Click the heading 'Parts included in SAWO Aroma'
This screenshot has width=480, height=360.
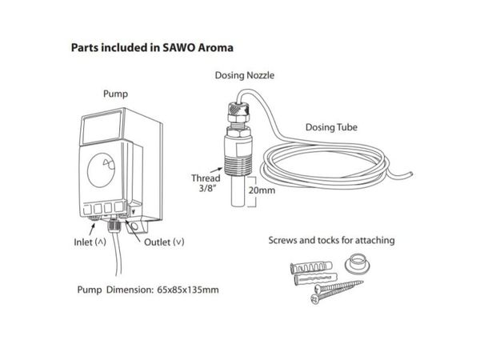tap(152, 48)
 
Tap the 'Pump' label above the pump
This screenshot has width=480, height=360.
tap(115, 94)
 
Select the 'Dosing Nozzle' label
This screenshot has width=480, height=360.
tap(245, 75)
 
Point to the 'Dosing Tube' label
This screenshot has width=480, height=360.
tap(331, 127)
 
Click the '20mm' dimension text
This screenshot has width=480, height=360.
tap(262, 190)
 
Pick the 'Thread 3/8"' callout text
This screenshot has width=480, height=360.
tap(206, 183)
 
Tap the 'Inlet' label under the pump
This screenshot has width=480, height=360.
tap(83, 242)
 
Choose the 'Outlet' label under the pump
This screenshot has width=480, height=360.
tap(157, 242)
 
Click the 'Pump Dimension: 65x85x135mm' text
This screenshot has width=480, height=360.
tap(148, 290)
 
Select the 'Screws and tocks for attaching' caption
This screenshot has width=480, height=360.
tap(331, 240)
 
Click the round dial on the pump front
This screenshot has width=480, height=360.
tap(101, 170)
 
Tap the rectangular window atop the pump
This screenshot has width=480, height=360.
tap(102, 128)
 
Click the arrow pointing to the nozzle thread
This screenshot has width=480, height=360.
tap(217, 170)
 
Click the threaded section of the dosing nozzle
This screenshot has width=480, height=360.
tap(238, 166)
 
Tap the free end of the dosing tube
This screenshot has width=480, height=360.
tap(411, 174)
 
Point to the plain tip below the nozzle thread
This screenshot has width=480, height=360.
tap(238, 191)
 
